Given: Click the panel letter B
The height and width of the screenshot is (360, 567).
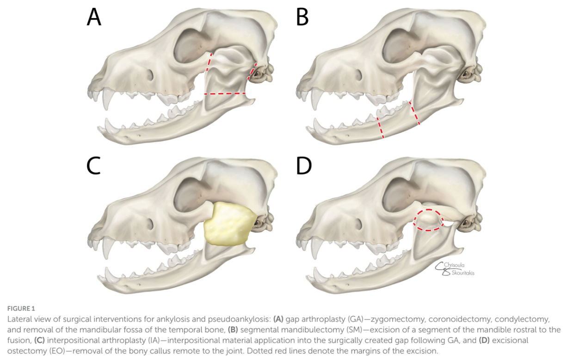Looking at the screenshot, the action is point(302,17).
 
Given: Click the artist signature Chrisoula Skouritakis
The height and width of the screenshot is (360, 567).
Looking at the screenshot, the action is point(456,268).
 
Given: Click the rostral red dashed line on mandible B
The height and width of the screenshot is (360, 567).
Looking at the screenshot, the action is point(380,127).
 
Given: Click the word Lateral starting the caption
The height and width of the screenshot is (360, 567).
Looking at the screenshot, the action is point(18,319).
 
